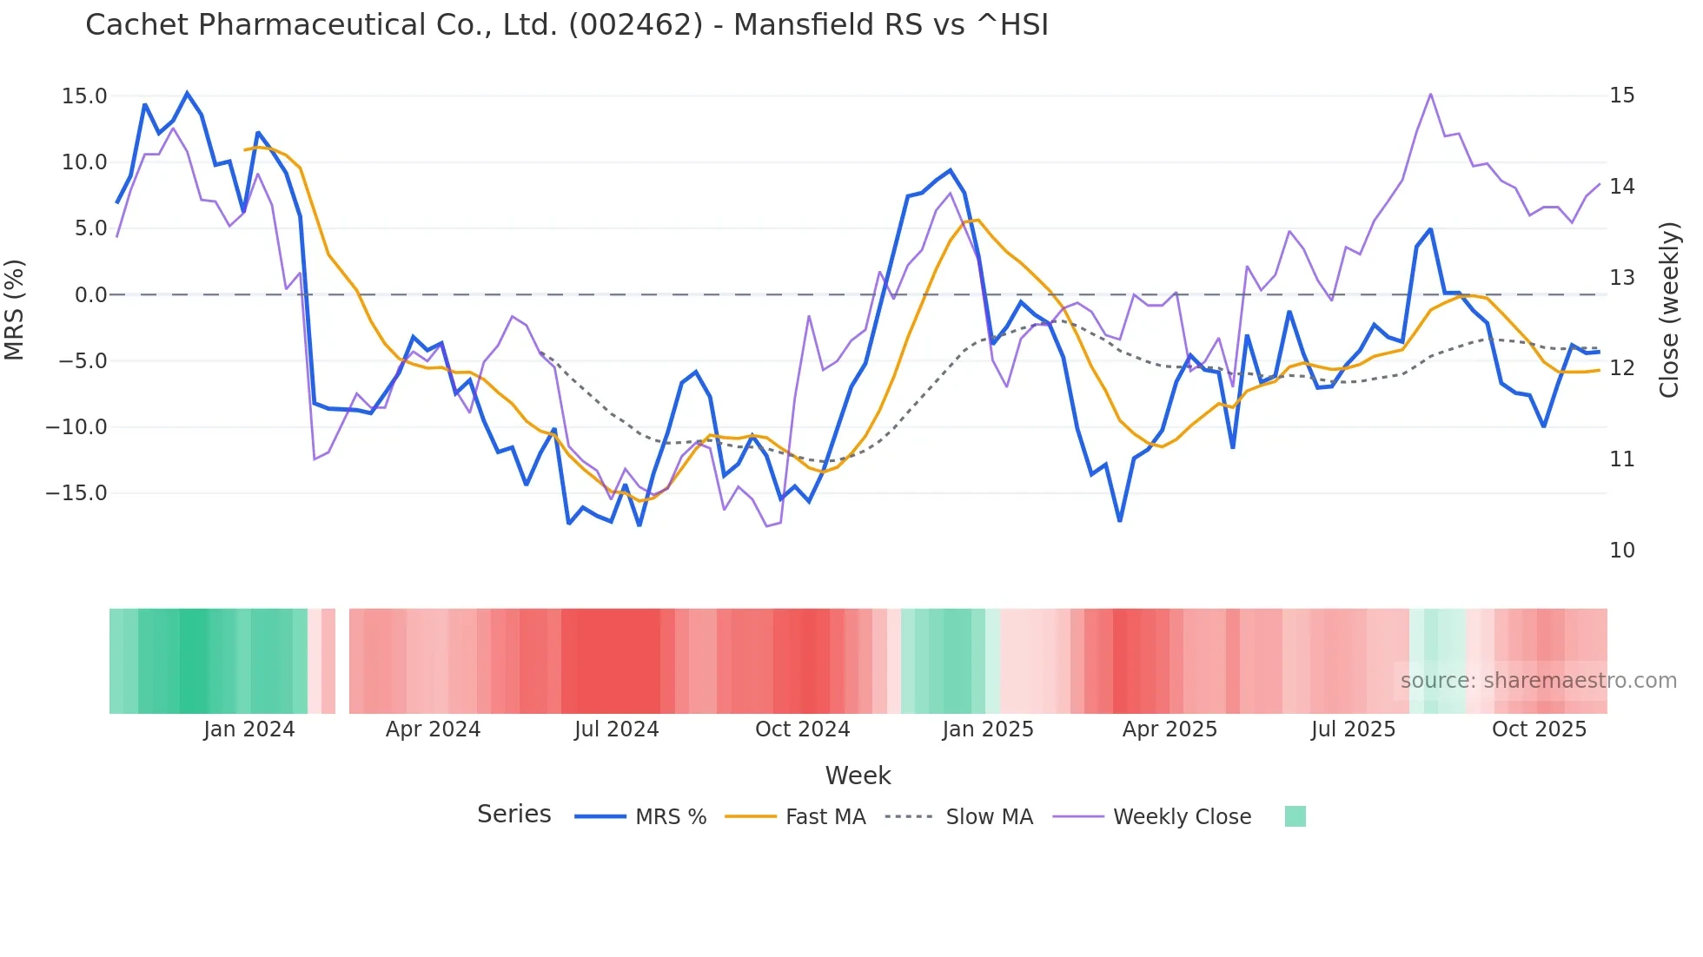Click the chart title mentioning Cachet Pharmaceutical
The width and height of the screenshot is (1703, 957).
click(567, 25)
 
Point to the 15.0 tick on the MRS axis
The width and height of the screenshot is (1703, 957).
click(84, 96)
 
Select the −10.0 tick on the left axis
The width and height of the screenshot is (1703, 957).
click(76, 427)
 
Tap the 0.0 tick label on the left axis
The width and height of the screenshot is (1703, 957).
click(90, 295)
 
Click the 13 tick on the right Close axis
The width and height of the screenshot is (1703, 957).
click(1621, 278)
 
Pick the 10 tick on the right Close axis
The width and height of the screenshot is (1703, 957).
click(1621, 551)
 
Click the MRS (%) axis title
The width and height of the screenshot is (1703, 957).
click(15, 310)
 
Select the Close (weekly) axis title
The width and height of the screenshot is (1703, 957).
click(1668, 310)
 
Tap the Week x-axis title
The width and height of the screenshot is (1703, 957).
click(858, 775)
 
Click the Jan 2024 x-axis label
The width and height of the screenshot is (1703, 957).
click(249, 729)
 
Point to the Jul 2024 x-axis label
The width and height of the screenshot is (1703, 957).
click(616, 729)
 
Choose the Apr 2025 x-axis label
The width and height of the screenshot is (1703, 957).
click(1170, 729)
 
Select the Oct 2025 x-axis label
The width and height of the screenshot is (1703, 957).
click(1539, 729)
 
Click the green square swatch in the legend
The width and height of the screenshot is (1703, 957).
click(1295, 816)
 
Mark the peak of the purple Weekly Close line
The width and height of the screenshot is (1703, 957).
click(1430, 95)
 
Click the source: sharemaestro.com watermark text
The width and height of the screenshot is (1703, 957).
click(1538, 681)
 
